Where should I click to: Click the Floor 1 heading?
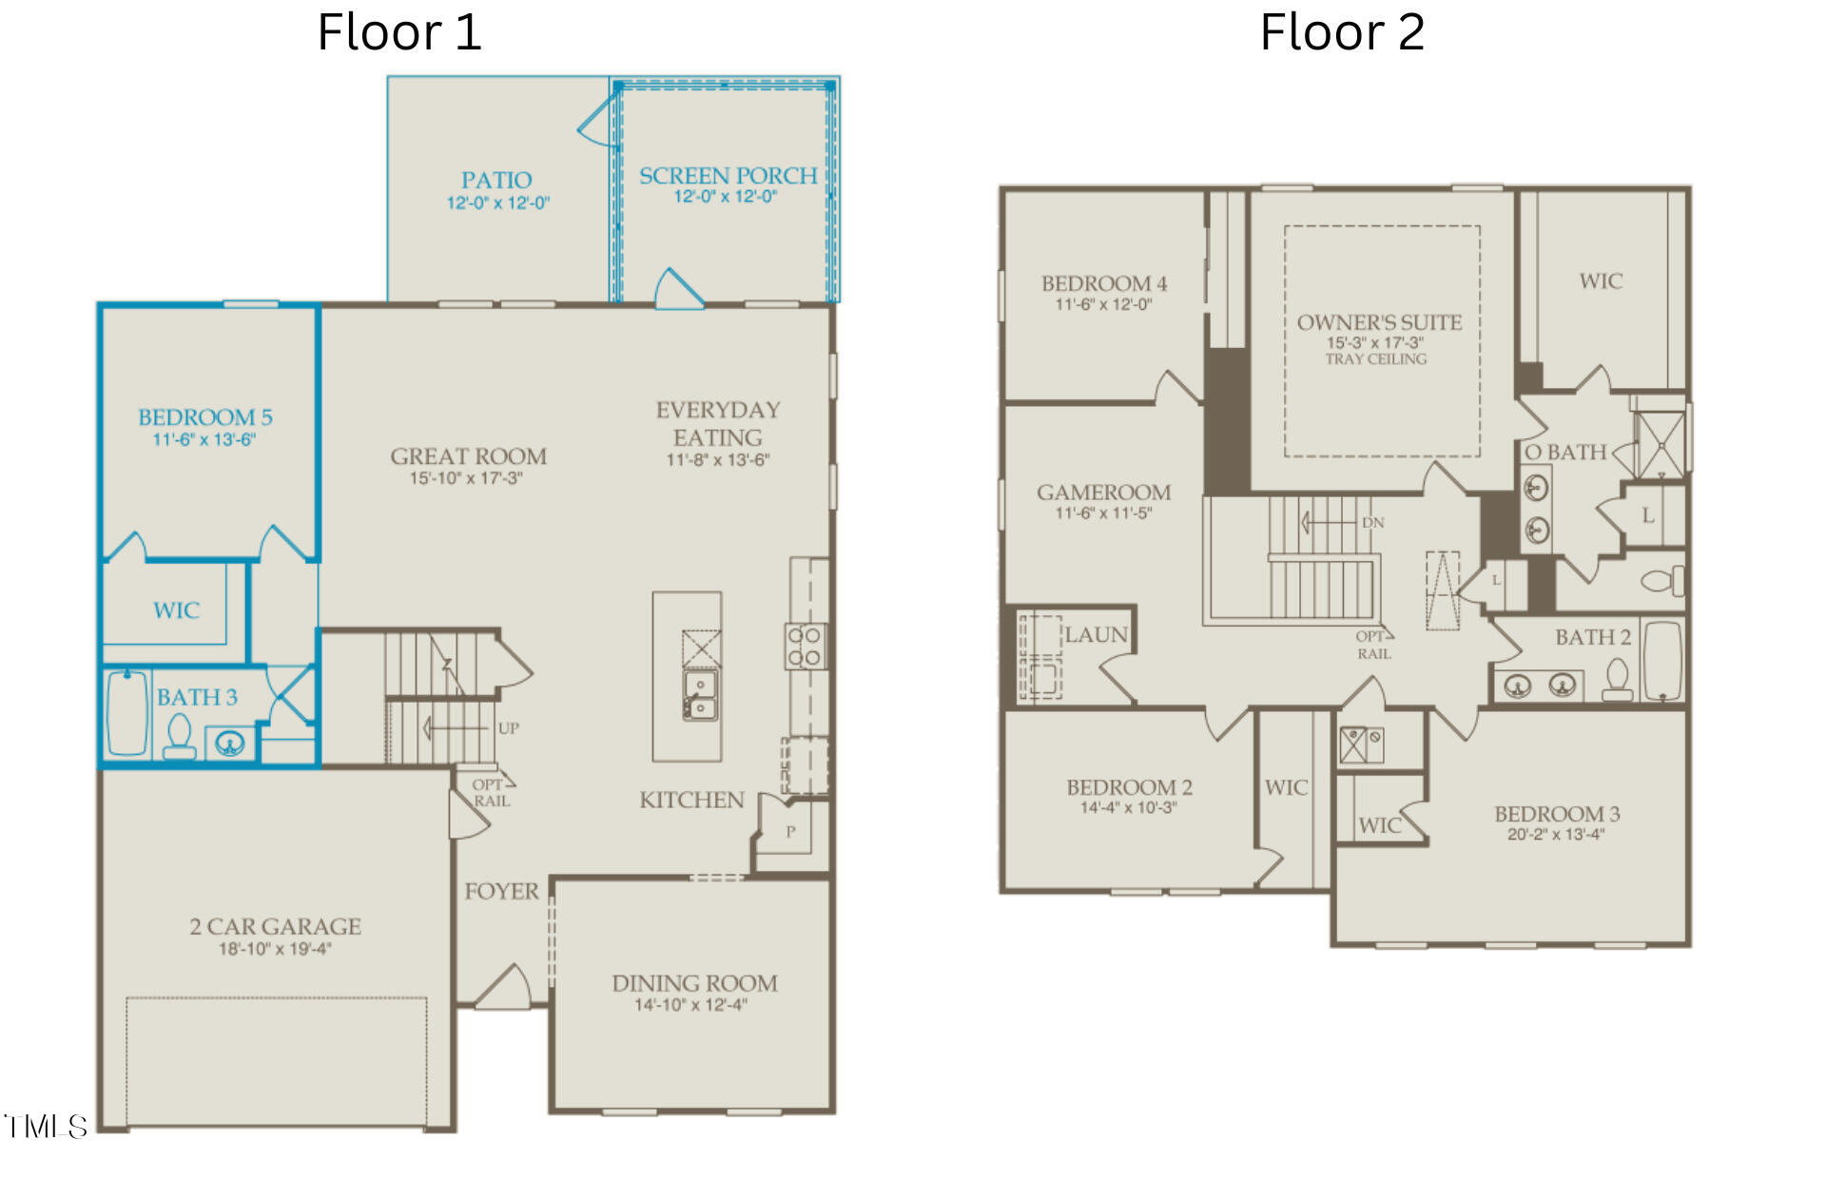(399, 32)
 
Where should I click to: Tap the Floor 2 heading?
(1342, 32)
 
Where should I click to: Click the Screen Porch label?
(728, 176)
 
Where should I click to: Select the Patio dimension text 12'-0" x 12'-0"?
(498, 203)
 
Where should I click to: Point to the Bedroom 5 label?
(205, 416)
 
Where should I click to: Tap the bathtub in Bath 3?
(126, 713)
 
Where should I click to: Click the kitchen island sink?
(700, 695)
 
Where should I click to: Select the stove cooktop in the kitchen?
(805, 646)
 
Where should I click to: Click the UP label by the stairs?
(509, 728)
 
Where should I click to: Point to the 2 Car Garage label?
(275, 926)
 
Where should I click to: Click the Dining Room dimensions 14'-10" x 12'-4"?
(691, 1005)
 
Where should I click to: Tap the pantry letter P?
(790, 832)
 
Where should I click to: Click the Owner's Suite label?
(1379, 322)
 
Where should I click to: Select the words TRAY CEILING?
(1376, 359)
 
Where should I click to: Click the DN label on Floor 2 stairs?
(1372, 523)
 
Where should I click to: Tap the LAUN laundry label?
(1097, 635)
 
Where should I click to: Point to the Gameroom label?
(1103, 493)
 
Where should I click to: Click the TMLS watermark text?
(46, 1127)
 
